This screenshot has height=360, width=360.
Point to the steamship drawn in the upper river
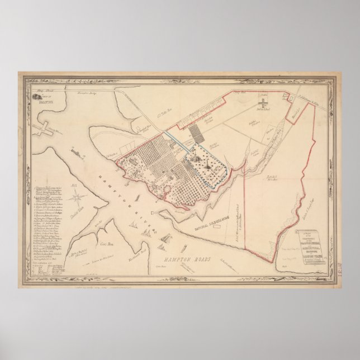point(75,150)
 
